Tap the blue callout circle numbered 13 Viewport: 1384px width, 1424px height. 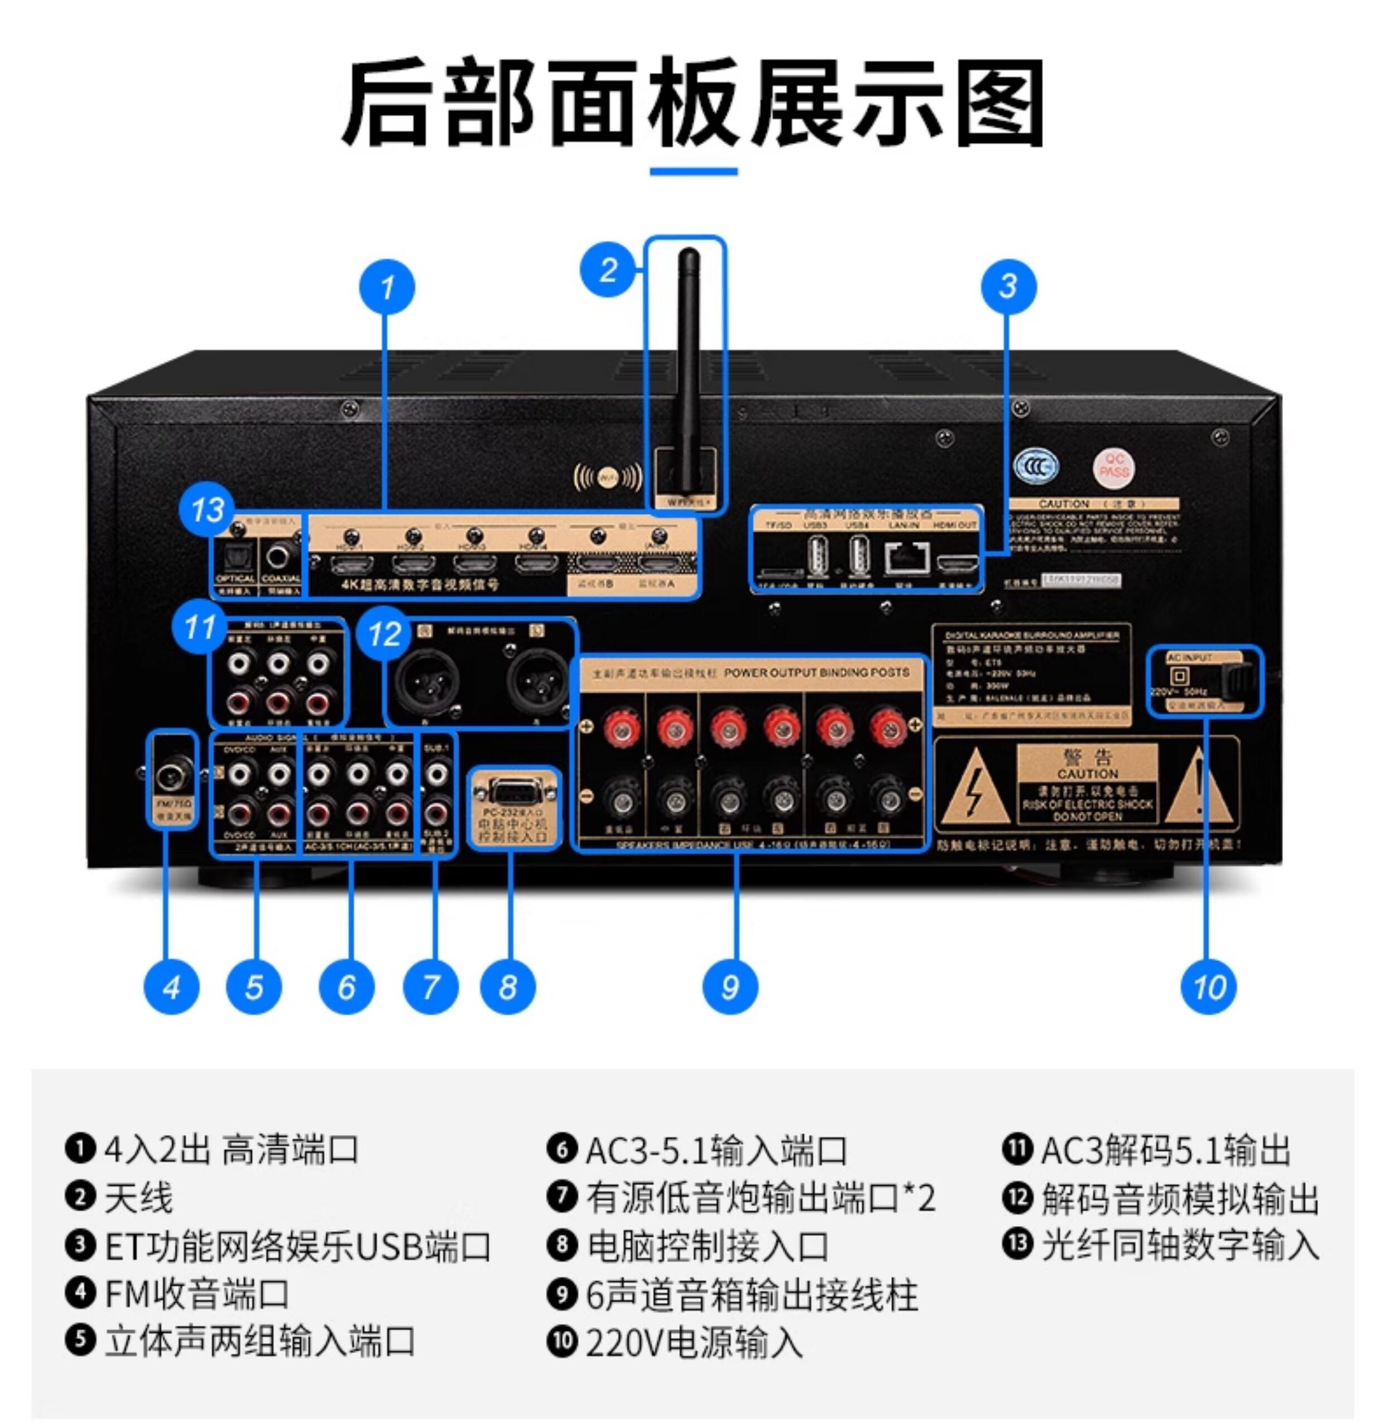(206, 508)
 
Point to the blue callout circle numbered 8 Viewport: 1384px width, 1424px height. (507, 987)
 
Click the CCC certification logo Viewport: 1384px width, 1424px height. (1036, 466)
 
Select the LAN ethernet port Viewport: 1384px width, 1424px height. (906, 557)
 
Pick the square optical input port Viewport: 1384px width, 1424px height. (236, 557)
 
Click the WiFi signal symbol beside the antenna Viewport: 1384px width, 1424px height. (608, 478)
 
